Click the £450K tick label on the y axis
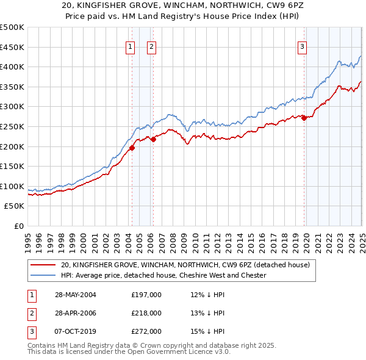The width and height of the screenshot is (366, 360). point(12,47)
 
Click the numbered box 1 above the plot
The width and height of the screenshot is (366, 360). point(131,47)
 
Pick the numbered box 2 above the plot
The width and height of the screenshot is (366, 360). point(151,47)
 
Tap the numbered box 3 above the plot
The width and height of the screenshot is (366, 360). point(302,47)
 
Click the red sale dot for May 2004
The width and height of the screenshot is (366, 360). point(132,147)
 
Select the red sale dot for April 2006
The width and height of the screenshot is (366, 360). point(153,139)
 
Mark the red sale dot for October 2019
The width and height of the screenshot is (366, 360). point(303,118)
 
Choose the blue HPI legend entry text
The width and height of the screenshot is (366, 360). point(163,275)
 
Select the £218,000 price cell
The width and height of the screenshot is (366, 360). point(146,313)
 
